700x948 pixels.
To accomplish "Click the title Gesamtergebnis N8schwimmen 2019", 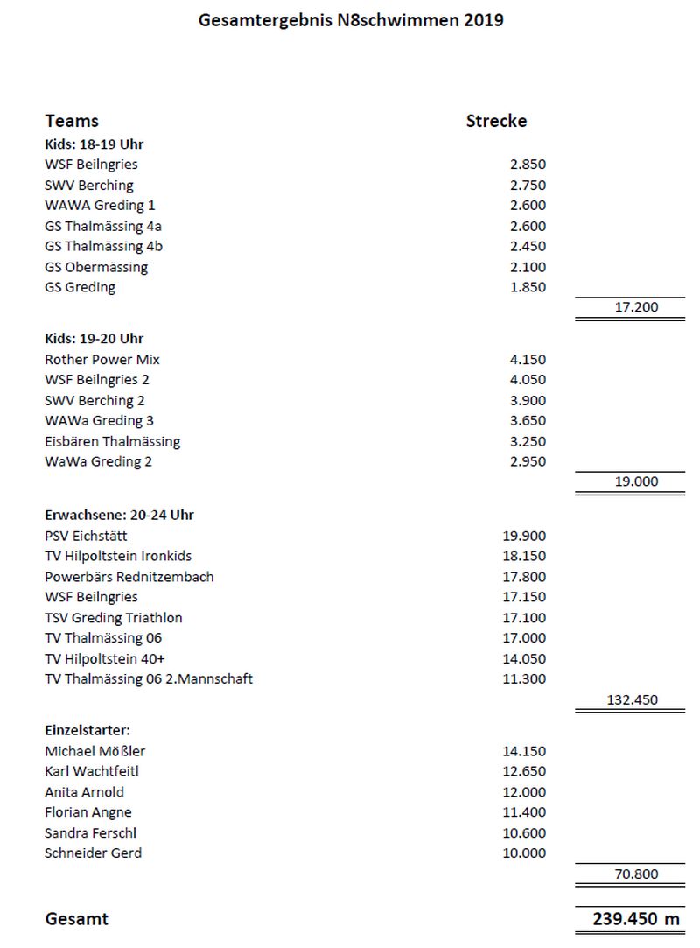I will click(x=351, y=19).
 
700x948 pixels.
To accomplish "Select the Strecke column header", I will click(x=496, y=121).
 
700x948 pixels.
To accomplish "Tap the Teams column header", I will click(x=72, y=121).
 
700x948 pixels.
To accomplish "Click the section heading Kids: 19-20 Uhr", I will click(x=94, y=338).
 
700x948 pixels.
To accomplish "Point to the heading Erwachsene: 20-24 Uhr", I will click(x=119, y=515).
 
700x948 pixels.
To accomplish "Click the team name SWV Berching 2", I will click(x=94, y=400).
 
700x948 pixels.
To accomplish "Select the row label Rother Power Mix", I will click(x=102, y=359).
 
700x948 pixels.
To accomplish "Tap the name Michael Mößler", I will click(x=94, y=751).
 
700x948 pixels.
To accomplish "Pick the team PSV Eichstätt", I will click(x=86, y=536).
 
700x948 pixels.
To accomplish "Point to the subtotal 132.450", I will click(x=632, y=699).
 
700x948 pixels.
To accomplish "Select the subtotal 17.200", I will click(x=636, y=307).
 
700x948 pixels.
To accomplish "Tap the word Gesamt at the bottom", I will click(x=77, y=919).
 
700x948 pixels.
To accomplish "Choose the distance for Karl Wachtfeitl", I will click(x=524, y=771).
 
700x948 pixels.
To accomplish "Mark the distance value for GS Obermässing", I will click(x=528, y=267).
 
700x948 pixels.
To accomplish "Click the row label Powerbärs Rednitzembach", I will click(x=129, y=577).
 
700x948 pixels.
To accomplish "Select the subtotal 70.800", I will click(x=636, y=874).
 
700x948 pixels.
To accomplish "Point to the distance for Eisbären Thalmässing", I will click(x=528, y=441).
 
